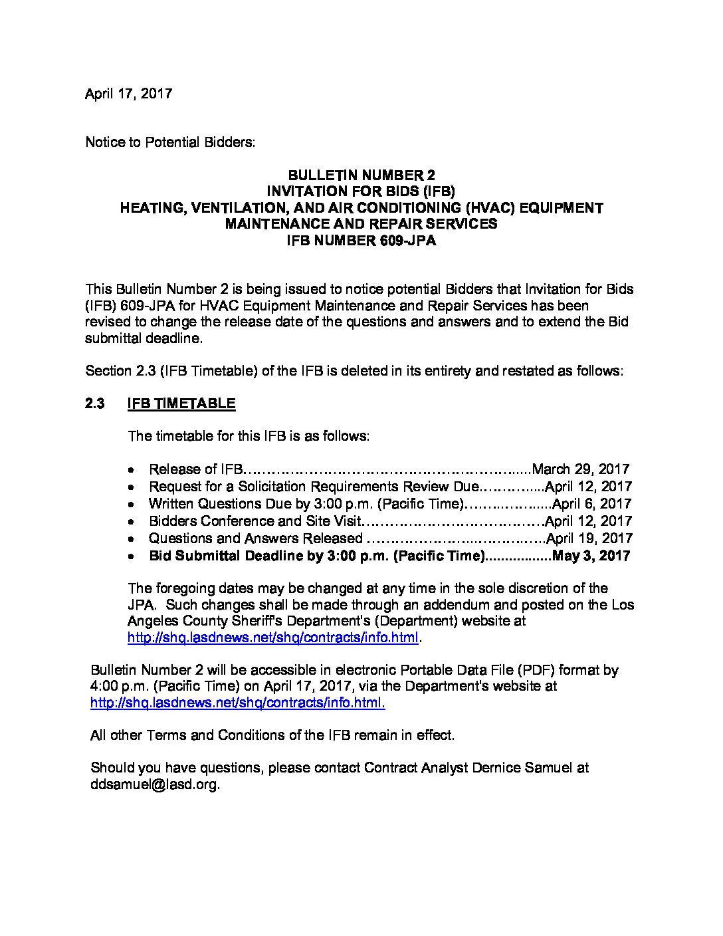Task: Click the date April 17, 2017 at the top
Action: click(128, 94)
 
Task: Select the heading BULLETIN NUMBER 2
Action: click(361, 175)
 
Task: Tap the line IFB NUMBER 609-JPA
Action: click(361, 241)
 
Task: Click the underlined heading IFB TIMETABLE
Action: click(181, 404)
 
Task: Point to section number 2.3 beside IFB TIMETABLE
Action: click(95, 404)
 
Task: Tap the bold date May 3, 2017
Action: click(591, 556)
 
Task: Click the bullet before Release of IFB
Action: click(133, 470)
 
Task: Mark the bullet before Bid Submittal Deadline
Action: click(133, 556)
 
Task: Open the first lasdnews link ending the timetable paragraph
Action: click(272, 638)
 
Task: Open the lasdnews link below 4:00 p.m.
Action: click(237, 703)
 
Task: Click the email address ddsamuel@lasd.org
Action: click(154, 784)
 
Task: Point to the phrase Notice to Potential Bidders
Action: click(170, 142)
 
